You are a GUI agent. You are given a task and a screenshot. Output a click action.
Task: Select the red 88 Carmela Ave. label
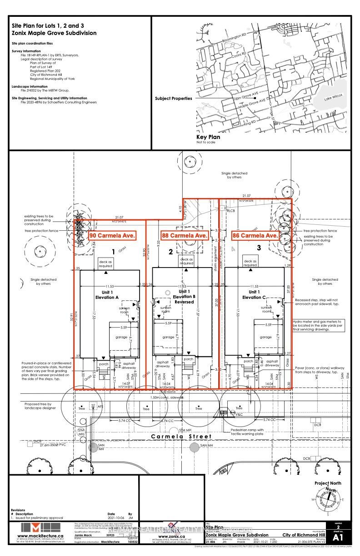tap(185, 235)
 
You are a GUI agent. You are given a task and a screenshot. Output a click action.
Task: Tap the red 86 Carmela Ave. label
tap(255, 235)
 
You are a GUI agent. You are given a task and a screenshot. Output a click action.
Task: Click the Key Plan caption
tap(208, 137)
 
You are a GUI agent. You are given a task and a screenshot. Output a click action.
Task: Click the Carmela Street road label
tap(182, 437)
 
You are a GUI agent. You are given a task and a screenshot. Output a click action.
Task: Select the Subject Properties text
tap(173, 98)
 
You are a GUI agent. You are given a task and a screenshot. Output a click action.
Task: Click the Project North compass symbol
tap(330, 501)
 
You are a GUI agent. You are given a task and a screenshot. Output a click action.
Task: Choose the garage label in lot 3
tap(266, 338)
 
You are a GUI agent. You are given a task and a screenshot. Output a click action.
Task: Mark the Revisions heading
tap(19, 510)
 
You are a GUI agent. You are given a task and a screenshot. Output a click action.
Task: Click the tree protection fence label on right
tap(320, 231)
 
